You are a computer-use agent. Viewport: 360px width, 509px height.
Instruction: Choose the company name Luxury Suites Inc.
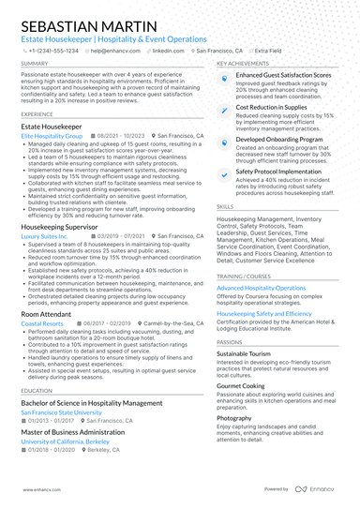point(45,238)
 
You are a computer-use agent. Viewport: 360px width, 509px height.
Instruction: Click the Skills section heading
point(225,206)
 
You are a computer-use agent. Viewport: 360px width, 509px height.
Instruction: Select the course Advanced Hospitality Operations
point(275,288)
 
